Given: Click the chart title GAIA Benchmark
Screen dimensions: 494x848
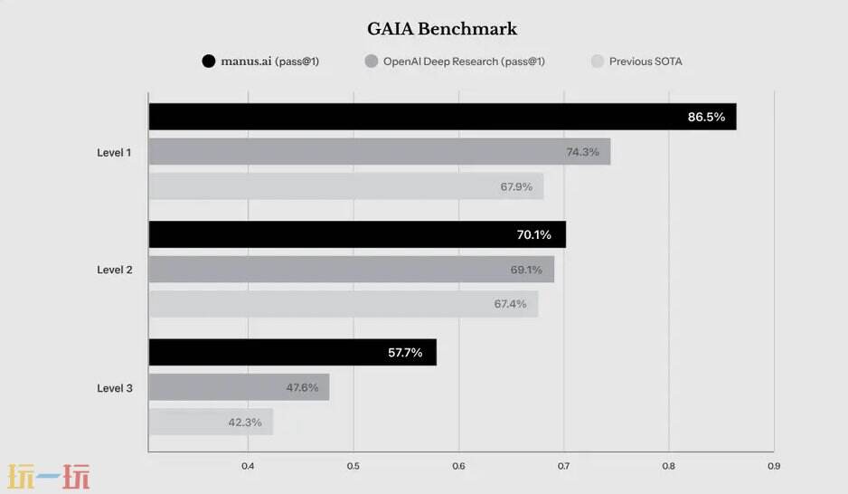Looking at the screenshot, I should (442, 29).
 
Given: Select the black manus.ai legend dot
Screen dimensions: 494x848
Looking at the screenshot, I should (209, 62).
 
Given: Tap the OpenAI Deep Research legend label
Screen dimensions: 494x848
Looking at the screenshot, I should (464, 62).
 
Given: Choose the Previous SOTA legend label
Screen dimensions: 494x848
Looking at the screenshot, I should (645, 62).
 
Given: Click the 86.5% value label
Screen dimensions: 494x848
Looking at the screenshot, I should (706, 117).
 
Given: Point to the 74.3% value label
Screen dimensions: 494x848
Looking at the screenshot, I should (582, 152).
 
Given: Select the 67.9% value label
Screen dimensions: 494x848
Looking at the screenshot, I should (516, 187).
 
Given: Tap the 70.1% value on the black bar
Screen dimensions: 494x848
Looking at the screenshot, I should (534, 234).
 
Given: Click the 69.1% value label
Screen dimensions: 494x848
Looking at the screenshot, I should (526, 270).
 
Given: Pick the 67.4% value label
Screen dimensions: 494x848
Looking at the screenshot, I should (510, 304).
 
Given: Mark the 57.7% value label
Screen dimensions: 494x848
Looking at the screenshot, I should (405, 353).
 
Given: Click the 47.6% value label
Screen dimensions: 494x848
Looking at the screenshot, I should (302, 387).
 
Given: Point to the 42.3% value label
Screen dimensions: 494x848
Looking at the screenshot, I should (245, 423).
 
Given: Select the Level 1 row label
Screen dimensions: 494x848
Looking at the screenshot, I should (114, 153).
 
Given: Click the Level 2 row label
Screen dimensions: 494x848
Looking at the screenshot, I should (114, 270).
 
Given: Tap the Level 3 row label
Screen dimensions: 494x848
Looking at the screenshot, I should (114, 388).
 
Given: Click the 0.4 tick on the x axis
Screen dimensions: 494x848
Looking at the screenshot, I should (248, 467).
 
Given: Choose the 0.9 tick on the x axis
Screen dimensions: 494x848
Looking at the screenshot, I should (773, 467).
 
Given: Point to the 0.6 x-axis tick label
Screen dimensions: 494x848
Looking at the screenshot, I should (458, 467).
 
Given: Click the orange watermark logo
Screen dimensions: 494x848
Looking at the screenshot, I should (49, 477).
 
